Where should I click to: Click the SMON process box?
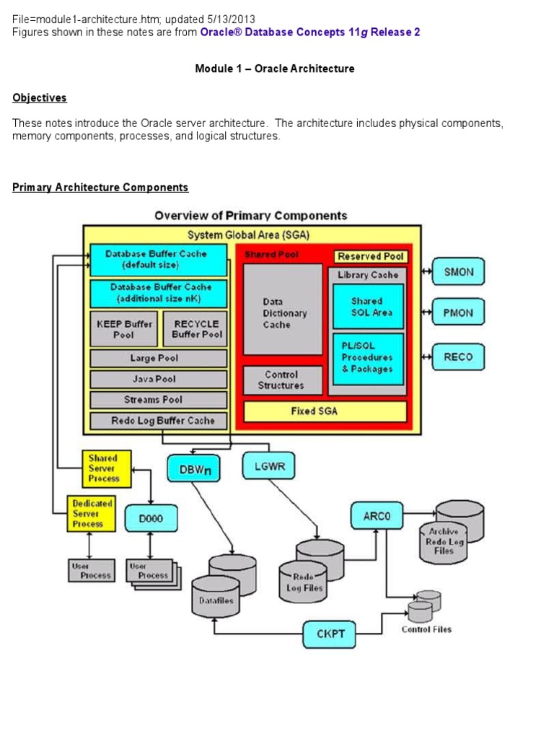(458, 272)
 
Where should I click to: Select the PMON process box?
(458, 313)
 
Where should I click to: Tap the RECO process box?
(458, 357)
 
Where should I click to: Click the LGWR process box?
(270, 466)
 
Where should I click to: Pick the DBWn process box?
(193, 468)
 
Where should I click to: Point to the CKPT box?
(330, 634)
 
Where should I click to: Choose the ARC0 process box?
(377, 516)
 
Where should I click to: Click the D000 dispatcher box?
(149, 518)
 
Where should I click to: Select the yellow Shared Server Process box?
(106, 468)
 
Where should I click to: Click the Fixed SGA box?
(325, 411)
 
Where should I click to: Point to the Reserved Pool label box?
(371, 256)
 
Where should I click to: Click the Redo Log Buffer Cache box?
(159, 421)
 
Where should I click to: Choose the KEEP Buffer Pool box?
(123, 329)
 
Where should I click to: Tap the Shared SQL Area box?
(368, 307)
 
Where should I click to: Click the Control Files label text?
(426, 629)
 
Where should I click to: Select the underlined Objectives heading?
(40, 97)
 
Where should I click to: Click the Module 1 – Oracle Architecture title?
(275, 69)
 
